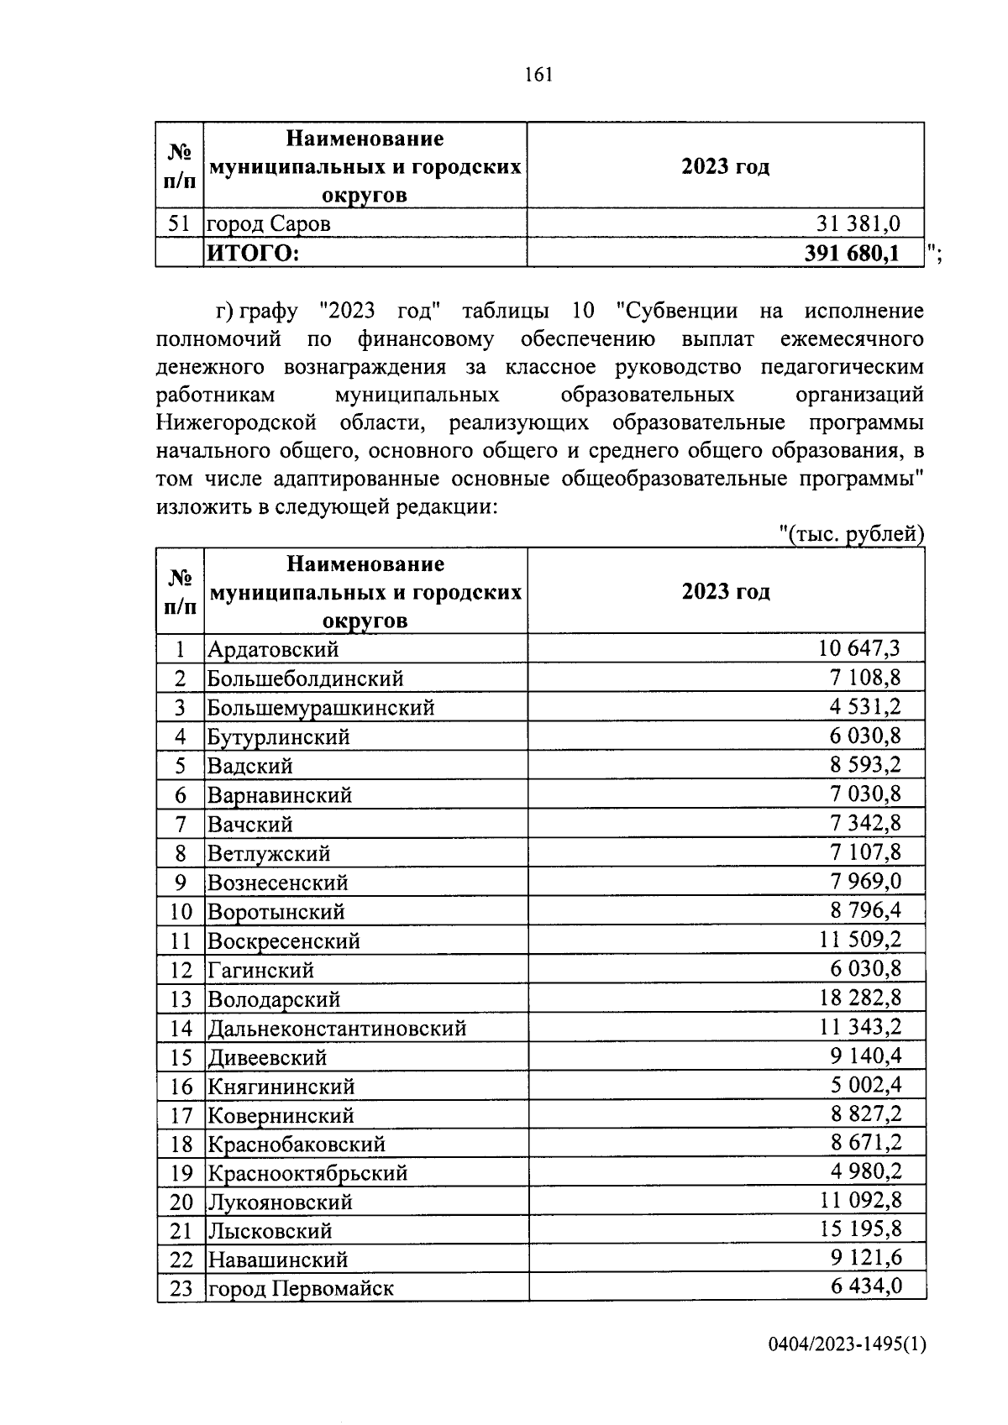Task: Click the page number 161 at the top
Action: coord(538,75)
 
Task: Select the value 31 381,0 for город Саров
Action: coord(858,223)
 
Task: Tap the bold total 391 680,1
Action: coord(850,253)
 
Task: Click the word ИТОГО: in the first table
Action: coord(254,253)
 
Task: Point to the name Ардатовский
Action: coord(273,649)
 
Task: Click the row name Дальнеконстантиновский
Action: coord(337,1029)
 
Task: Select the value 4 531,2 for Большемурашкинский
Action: coord(865,706)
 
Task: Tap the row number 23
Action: coord(181,1288)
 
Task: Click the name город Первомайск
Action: coord(301,1288)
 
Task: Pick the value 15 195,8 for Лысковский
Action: coord(859,1230)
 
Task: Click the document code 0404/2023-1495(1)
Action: coord(847,1344)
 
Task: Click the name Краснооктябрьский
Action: coord(307,1172)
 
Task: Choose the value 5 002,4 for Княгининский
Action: coord(865,1085)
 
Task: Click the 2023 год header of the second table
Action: coord(726,591)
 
